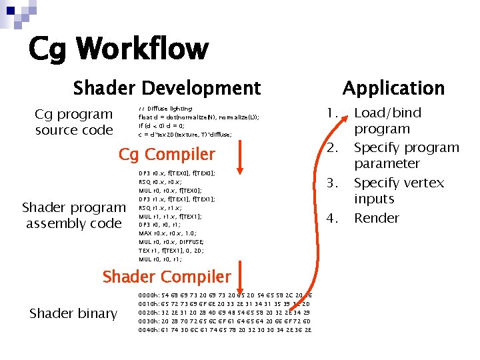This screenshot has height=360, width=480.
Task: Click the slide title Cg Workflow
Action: point(118,49)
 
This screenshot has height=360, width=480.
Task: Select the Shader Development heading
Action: point(167,88)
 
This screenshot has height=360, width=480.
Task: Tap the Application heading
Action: point(393,88)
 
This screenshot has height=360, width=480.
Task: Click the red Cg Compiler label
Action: point(167,155)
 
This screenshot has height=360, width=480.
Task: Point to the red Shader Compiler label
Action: point(167,277)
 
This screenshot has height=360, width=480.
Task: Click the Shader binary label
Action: point(73,313)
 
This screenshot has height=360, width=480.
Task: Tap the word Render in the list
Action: point(376,218)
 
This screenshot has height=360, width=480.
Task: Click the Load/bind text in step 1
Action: point(387,113)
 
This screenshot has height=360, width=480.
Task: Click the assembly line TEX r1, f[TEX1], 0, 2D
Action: point(171,251)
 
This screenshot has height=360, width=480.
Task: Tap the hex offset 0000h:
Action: point(149,294)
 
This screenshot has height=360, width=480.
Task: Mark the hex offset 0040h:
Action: point(149,329)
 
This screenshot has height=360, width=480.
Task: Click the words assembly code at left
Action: point(73,223)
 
